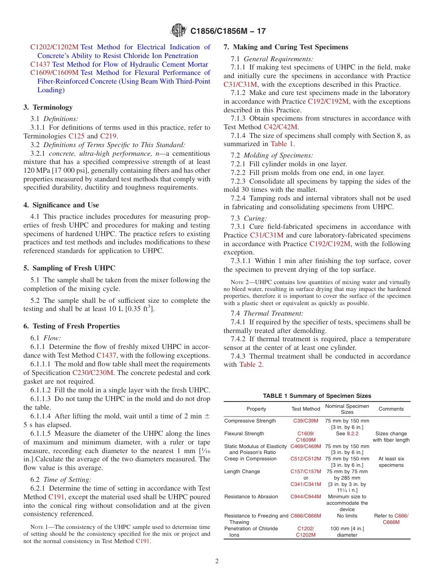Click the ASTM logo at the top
point(178,31)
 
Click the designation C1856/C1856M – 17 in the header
point(228,31)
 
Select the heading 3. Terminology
point(48,107)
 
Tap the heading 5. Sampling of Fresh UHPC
point(69,268)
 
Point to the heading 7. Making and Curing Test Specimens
point(286,47)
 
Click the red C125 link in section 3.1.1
point(76,136)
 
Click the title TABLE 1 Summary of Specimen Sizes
point(317,396)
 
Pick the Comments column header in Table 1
point(391,409)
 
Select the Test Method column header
point(306,409)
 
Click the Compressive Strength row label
point(250,421)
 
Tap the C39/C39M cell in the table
point(306,421)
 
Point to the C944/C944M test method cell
point(306,496)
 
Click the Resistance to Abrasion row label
point(251,496)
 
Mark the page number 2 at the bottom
point(217,561)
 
